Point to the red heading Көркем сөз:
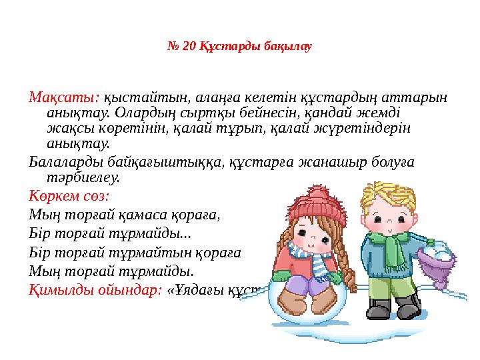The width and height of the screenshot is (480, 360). click(x=69, y=197)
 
